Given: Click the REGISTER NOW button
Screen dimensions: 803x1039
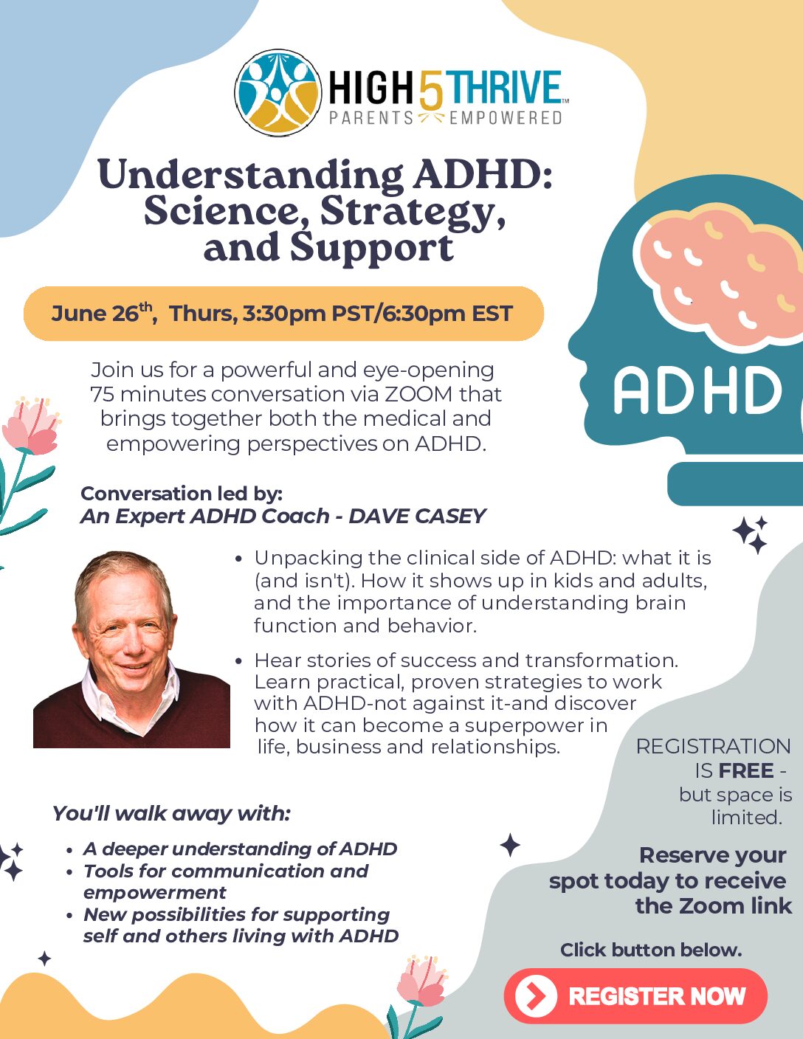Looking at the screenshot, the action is pos(635,996).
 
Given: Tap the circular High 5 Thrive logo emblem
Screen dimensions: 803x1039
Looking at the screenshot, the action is pos(278,92).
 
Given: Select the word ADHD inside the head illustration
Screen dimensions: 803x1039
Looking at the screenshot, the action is pos(697,390).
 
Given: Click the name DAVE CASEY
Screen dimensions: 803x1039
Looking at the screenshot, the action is pos(417,516).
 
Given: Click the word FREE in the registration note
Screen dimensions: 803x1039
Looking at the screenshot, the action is pos(745,770).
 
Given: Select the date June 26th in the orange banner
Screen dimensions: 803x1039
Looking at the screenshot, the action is pos(102,313).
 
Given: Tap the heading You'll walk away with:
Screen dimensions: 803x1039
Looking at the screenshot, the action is pos(171,813).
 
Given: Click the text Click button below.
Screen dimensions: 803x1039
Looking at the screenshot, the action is pos(651,950).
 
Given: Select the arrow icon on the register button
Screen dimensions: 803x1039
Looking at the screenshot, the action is pos(536,996).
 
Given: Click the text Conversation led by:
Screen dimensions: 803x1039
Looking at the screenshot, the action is pos(182,494).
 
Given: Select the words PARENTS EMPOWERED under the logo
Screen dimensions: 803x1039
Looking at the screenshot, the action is pos(445,117).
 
